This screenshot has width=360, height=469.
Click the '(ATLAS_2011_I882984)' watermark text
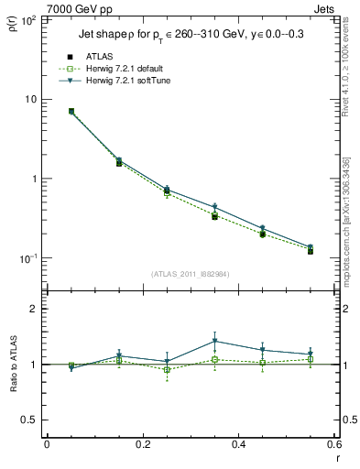click(190, 273)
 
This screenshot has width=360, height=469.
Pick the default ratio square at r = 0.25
click(167, 370)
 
